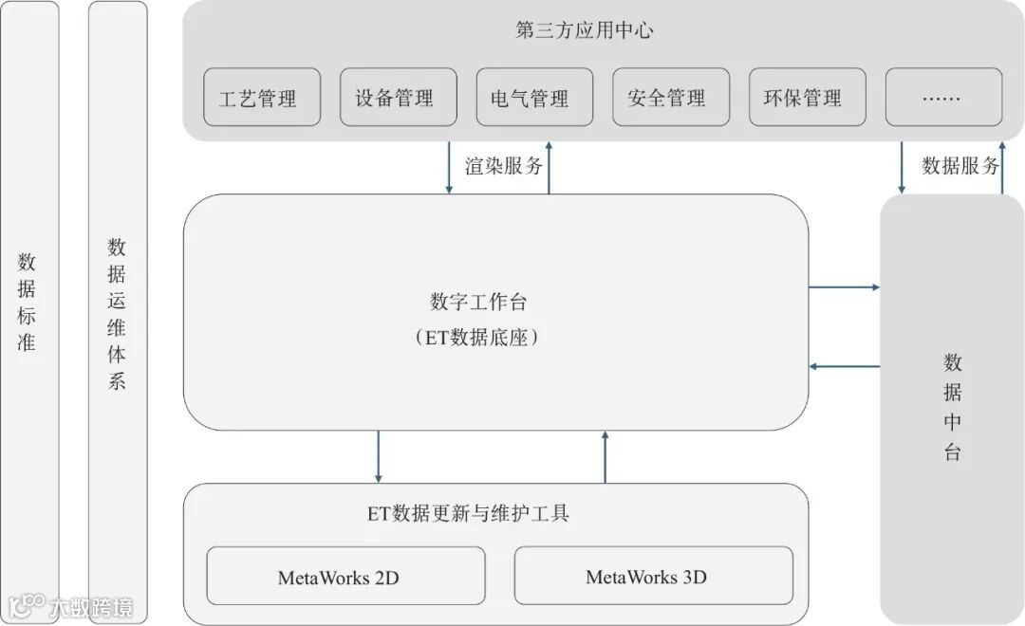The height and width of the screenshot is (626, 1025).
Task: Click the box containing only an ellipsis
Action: point(943,98)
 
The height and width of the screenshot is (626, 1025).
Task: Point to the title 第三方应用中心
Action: point(585,30)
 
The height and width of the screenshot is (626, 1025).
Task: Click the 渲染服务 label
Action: point(504,166)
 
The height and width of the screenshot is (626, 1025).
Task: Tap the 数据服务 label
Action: point(960,166)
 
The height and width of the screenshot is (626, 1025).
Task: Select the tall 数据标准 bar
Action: point(28,304)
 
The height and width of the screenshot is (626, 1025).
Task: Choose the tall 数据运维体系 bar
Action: point(118,313)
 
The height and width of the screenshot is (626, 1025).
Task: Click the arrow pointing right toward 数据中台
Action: point(844,286)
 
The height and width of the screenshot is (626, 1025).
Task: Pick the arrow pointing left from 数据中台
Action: point(844,367)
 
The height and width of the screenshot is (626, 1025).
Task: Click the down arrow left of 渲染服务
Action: point(449,168)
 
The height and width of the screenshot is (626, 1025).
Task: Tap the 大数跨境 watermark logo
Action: point(70,606)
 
